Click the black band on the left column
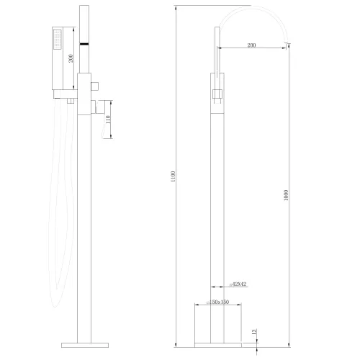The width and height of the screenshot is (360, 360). [85, 44]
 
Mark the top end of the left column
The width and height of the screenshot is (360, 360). [85, 9]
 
